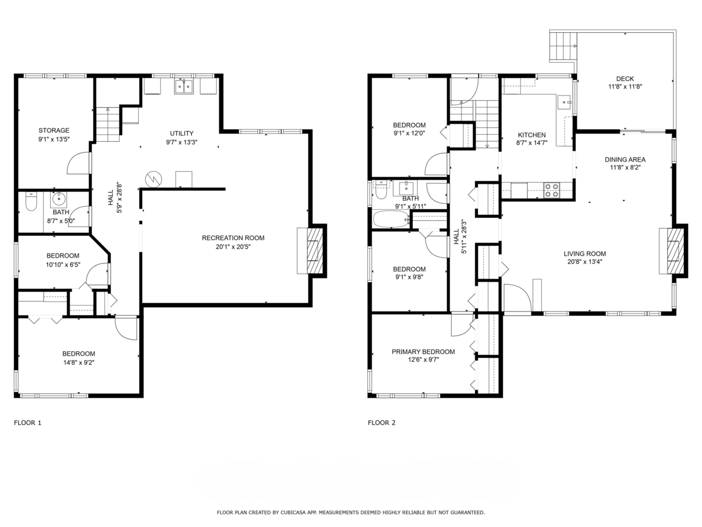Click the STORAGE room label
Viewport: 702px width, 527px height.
pyautogui.click(x=54, y=131)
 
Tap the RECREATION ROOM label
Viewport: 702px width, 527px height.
pyautogui.click(x=233, y=238)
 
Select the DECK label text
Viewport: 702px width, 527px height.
pyautogui.click(x=624, y=79)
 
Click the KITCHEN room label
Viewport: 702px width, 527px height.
pyautogui.click(x=531, y=135)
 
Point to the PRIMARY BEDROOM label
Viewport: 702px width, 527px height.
pyautogui.click(x=423, y=352)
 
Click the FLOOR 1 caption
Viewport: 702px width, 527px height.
pyautogui.click(x=27, y=422)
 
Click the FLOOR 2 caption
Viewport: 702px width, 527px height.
pyautogui.click(x=381, y=422)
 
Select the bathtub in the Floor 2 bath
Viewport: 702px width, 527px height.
pyautogui.click(x=391, y=220)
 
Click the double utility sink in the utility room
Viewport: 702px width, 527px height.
pyautogui.click(x=184, y=87)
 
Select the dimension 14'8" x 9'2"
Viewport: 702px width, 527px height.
pyautogui.click(x=78, y=362)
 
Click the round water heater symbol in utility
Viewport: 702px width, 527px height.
pyautogui.click(x=153, y=177)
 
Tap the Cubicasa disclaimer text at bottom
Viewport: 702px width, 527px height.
pyautogui.click(x=350, y=512)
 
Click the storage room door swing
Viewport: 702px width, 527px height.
pyautogui.click(x=79, y=163)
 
